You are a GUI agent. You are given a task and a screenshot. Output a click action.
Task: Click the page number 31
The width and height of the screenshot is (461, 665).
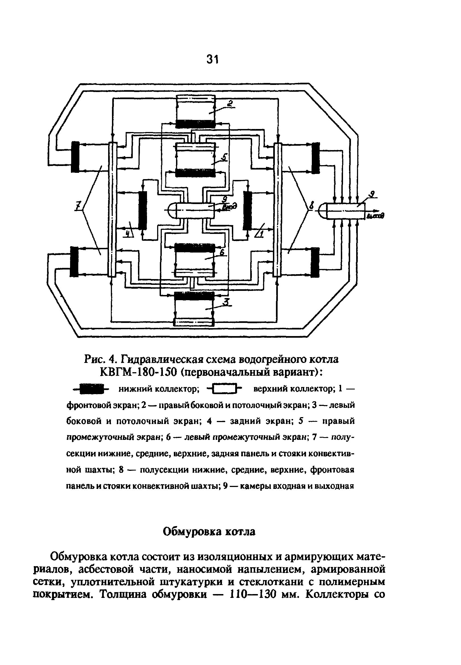(x=213, y=59)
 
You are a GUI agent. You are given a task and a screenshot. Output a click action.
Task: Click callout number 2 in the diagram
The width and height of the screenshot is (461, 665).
(x=231, y=104)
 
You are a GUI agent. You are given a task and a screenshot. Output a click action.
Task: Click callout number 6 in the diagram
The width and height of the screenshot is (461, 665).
(x=222, y=252)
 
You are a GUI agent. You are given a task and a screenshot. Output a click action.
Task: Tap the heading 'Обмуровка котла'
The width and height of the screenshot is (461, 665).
(x=209, y=532)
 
